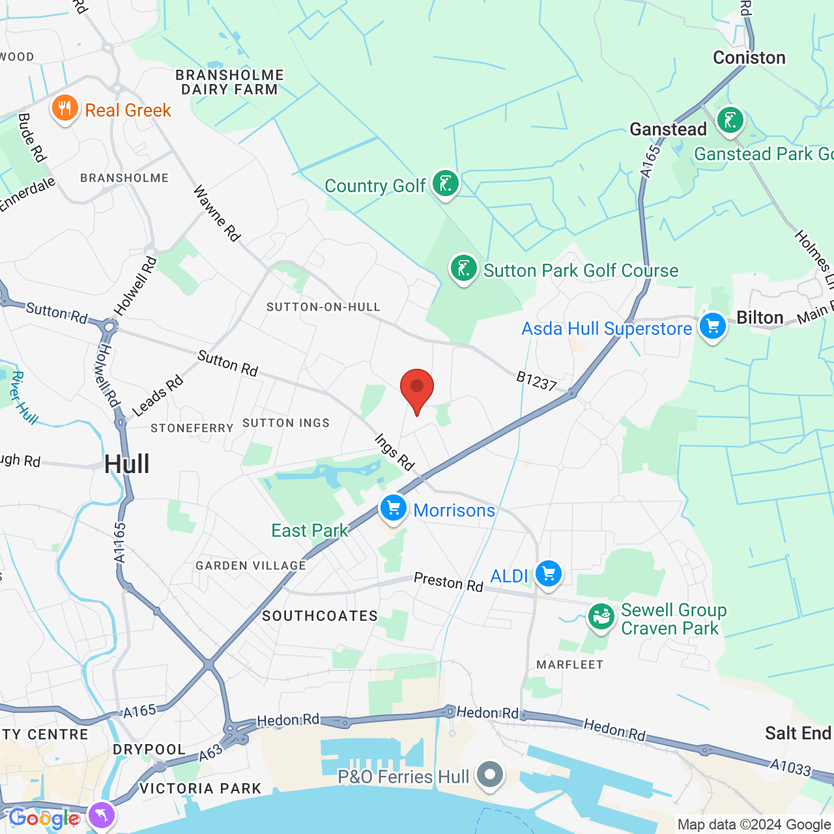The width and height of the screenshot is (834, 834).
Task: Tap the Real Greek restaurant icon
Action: coord(65,109)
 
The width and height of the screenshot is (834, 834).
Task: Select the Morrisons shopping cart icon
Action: coord(394,509)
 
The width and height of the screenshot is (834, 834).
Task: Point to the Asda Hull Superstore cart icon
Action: coord(712,326)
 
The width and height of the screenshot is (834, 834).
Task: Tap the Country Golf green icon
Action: coord(446,184)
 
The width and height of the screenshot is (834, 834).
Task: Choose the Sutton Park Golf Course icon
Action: coord(464,268)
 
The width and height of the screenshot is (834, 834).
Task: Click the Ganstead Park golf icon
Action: coord(730,121)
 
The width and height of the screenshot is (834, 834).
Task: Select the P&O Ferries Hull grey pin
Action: coord(490,775)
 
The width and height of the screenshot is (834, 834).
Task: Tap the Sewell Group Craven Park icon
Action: coord(601,618)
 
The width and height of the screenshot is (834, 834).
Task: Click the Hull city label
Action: coord(127,465)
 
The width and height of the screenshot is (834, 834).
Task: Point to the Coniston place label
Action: coord(749,58)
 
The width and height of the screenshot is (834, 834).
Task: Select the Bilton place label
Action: coord(760,317)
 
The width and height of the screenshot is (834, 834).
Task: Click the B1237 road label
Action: coord(536,381)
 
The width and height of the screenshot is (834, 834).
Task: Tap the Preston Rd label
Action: coord(448,582)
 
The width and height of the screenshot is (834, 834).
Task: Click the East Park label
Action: coord(309,530)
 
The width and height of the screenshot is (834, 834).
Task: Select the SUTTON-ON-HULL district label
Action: coord(323,307)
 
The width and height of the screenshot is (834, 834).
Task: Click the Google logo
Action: coord(44,818)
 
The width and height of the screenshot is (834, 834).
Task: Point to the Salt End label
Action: coord(798,734)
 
